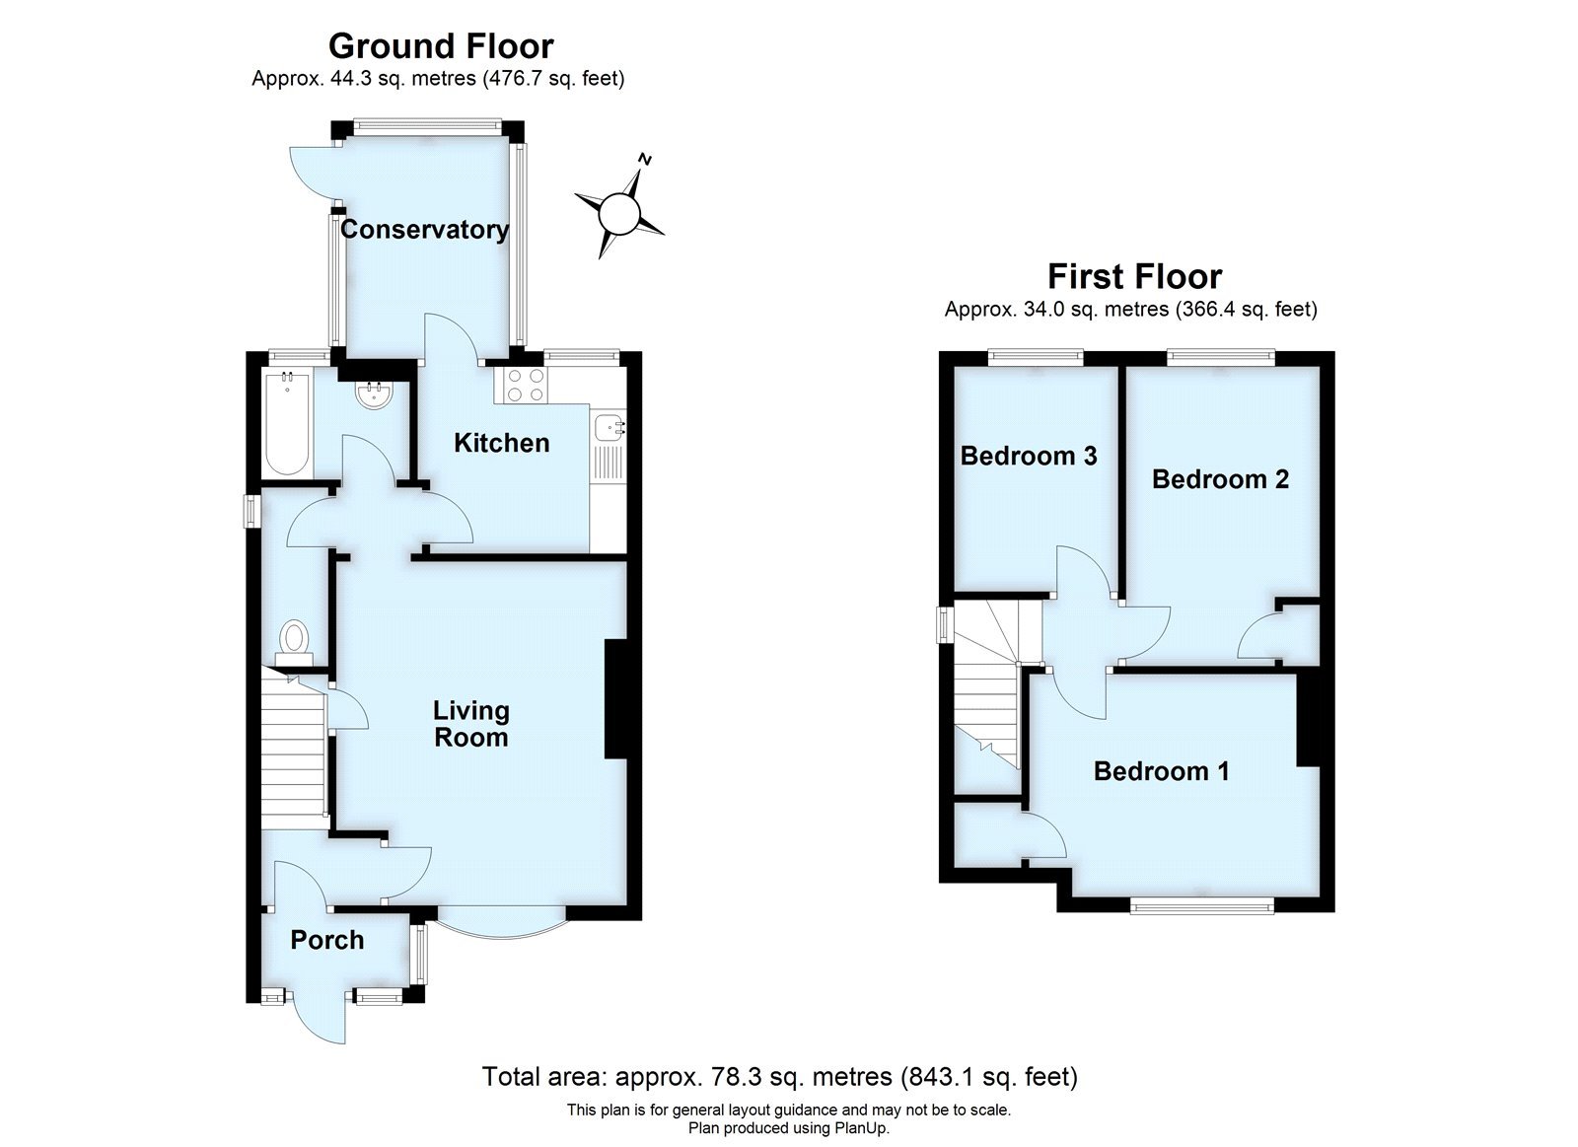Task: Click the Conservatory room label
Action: [424, 230]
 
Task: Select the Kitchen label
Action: [501, 443]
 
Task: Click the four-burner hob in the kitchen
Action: [525, 385]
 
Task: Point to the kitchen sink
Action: [609, 428]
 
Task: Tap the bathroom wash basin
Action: [377, 396]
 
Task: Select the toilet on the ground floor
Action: [293, 637]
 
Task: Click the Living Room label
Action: [471, 724]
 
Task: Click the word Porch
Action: [327, 941]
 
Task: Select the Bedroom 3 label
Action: [1029, 456]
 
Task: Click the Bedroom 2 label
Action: [1220, 479]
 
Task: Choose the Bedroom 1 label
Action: [1161, 771]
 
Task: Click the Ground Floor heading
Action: [441, 46]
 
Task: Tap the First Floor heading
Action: [1134, 276]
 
